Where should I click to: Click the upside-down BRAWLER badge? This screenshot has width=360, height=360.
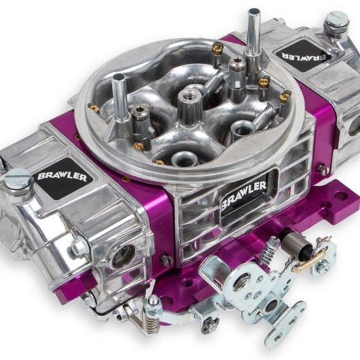point(304,55)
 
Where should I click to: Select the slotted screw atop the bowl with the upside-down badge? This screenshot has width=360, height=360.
point(336,20)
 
